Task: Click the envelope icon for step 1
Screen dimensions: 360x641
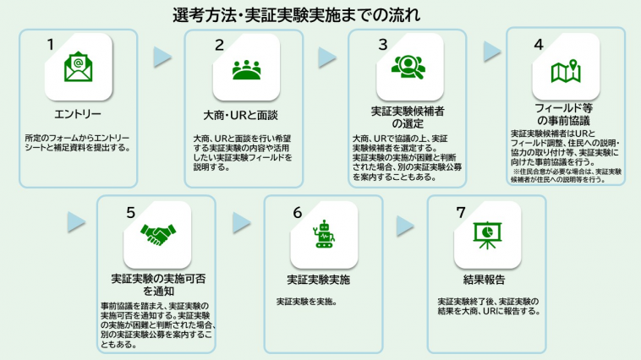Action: (78, 68)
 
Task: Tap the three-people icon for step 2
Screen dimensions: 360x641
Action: (244, 69)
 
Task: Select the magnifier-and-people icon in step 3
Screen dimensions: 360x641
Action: (408, 66)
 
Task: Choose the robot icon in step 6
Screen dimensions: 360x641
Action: (322, 236)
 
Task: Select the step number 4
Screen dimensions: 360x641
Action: (538, 43)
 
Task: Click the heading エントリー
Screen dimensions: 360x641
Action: (77, 114)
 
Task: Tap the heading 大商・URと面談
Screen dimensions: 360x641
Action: (244, 114)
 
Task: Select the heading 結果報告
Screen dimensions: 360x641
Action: (485, 280)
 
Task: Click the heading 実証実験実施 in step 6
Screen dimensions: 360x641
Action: (319, 280)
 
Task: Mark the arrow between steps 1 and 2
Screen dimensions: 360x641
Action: (162, 57)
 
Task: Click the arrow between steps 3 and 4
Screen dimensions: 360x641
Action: (491, 52)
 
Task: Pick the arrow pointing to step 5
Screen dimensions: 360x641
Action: (77, 222)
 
